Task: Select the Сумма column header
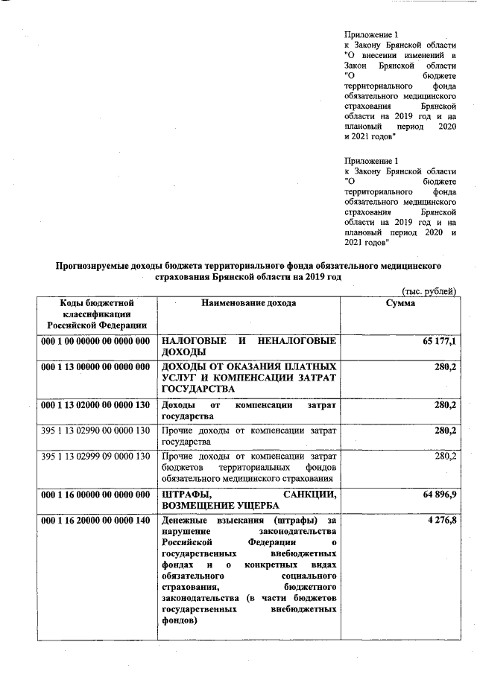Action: tap(400, 303)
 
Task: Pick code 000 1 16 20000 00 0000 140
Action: tap(97, 519)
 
